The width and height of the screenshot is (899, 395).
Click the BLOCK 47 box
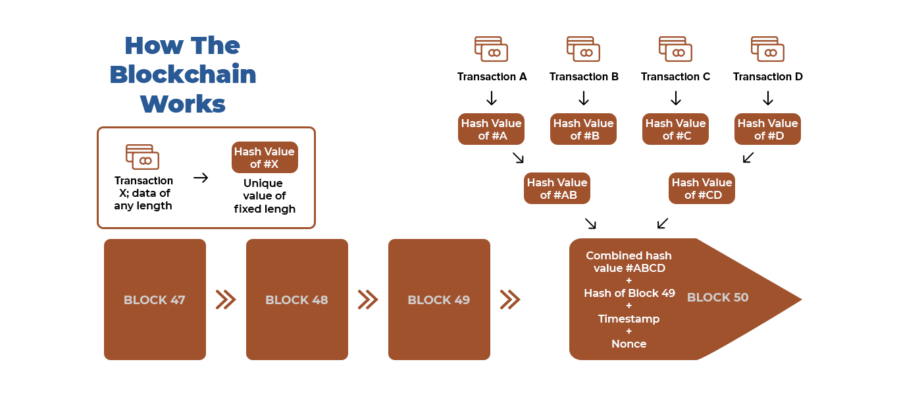[x=155, y=300]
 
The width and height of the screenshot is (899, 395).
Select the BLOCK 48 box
[x=297, y=300]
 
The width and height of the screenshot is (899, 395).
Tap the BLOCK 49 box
[x=439, y=300]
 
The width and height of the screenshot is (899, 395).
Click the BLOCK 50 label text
[x=717, y=298]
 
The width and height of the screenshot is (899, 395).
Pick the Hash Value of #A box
[x=491, y=129]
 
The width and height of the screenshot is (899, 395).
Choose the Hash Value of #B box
[x=583, y=129]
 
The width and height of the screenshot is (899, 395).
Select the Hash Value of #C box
[x=675, y=129]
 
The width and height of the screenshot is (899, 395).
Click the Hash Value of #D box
[x=767, y=129]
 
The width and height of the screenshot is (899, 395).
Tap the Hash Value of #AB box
[x=557, y=188]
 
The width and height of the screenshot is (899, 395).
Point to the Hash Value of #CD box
[x=702, y=188]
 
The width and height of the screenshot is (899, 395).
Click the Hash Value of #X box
[x=265, y=158]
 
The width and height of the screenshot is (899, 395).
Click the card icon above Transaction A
[x=491, y=50]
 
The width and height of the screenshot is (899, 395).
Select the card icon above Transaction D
[x=767, y=50]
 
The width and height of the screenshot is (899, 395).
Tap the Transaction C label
[x=675, y=77]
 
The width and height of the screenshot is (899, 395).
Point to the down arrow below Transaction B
[x=583, y=99]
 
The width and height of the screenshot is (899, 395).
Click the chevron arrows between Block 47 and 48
[x=226, y=300]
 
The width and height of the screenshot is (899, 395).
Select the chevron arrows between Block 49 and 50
[x=510, y=300]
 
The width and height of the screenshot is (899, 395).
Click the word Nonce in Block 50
[x=629, y=344]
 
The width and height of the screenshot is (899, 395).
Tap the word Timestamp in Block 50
[x=629, y=319]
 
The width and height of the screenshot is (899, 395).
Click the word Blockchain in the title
[x=183, y=74]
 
